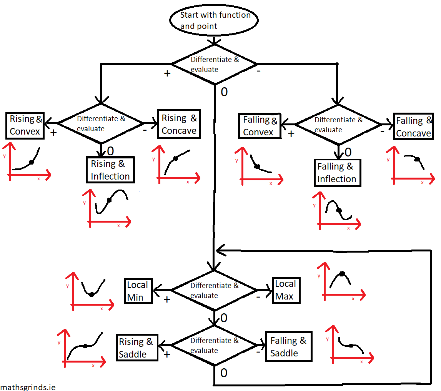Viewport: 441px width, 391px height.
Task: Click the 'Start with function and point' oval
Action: [214, 21]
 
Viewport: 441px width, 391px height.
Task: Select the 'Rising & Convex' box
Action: [25, 125]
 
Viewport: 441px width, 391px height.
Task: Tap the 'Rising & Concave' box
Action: [179, 124]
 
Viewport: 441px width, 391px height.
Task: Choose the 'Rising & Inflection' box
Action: [110, 170]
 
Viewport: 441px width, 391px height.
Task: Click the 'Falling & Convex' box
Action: [260, 126]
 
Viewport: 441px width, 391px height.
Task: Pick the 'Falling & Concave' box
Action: [413, 127]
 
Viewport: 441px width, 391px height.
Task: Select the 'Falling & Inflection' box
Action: [337, 173]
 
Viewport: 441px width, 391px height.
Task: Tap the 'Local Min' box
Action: [138, 291]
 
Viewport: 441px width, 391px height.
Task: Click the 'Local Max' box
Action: [285, 290]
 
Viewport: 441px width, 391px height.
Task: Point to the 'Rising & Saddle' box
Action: [137, 348]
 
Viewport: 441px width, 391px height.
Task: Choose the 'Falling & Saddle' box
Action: [288, 347]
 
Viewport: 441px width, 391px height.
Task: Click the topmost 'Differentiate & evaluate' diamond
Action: [214, 64]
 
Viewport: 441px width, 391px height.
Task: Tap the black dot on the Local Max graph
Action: [342, 274]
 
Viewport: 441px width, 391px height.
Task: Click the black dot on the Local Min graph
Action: [92, 294]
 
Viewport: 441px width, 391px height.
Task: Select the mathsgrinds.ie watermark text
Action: [28, 387]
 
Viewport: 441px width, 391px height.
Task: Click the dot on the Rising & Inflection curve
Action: [109, 200]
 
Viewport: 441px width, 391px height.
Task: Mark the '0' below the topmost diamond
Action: [224, 92]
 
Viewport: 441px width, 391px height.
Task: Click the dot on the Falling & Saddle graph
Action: [351, 346]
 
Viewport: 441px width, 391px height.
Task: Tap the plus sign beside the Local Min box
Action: [167, 299]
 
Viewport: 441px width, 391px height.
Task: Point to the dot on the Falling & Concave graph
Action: [417, 159]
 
